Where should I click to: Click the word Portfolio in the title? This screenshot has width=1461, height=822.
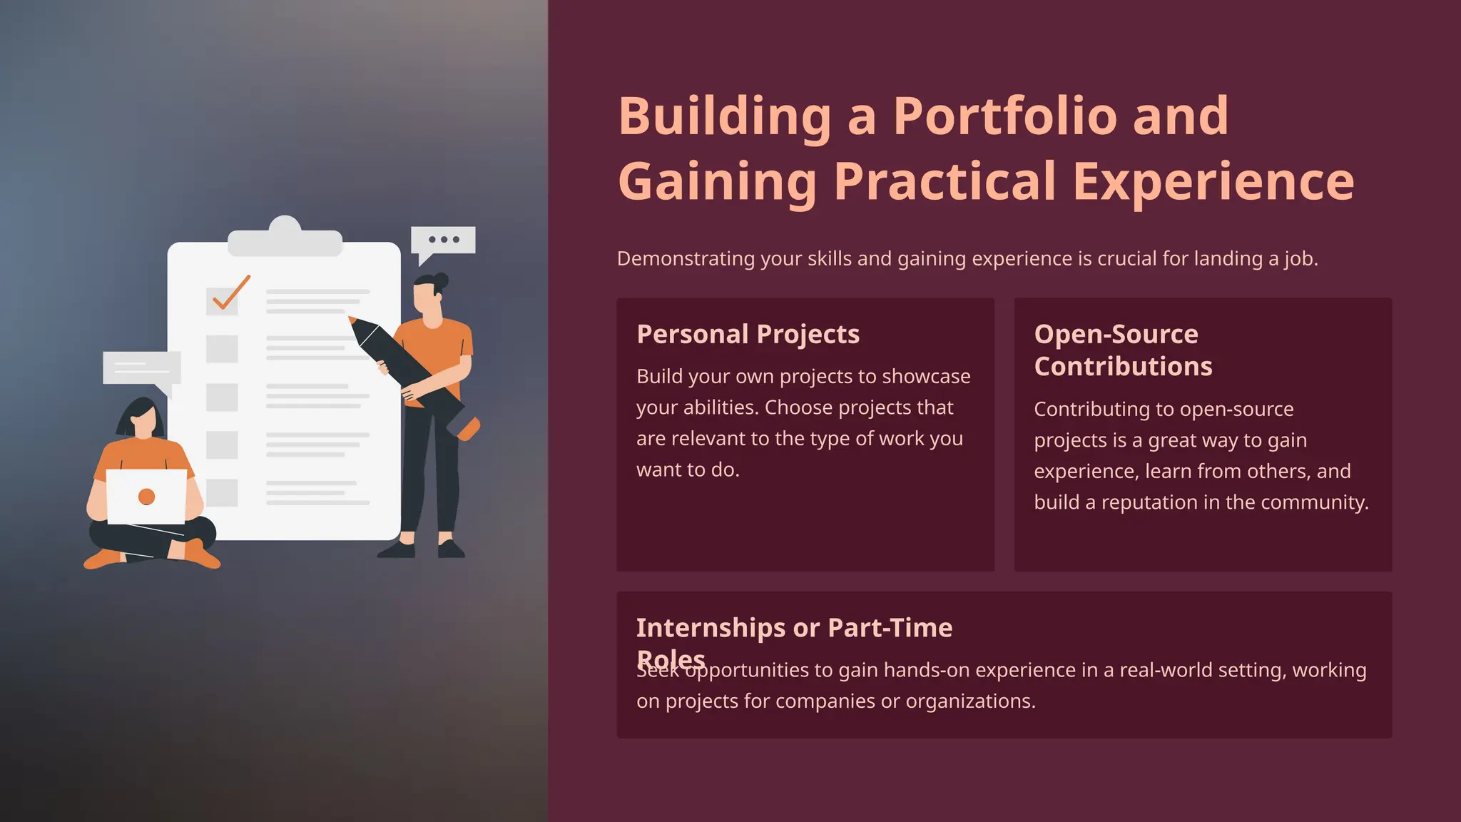pyautogui.click(x=1004, y=116)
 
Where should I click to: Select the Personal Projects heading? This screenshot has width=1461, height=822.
pyautogui.click(x=748, y=334)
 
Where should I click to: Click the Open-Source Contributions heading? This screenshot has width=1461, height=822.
pyautogui.click(x=1122, y=350)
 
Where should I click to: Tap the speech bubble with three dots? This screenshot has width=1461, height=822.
pyautogui.click(x=443, y=240)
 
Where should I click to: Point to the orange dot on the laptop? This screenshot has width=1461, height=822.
pyautogui.click(x=147, y=497)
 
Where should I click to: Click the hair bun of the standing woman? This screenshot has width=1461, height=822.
pyautogui.click(x=440, y=280)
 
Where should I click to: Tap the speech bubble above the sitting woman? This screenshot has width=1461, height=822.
pyautogui.click(x=141, y=368)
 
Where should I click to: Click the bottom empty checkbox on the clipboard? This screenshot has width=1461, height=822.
pyautogui.click(x=222, y=493)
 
